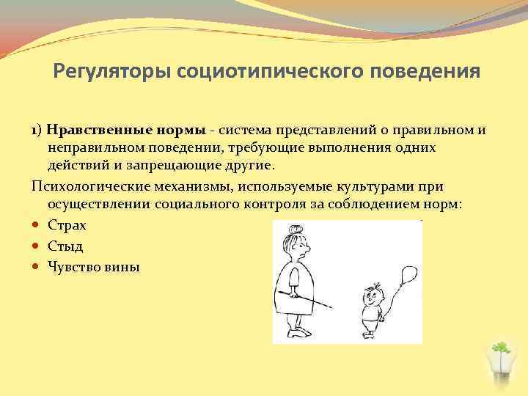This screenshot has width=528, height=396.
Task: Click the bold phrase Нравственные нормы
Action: point(125,131)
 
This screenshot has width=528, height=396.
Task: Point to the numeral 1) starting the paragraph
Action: point(37,131)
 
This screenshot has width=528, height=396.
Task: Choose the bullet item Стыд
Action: point(65,246)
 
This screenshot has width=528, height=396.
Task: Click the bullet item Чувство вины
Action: point(93,266)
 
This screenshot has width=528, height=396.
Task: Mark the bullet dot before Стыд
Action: point(37,246)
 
